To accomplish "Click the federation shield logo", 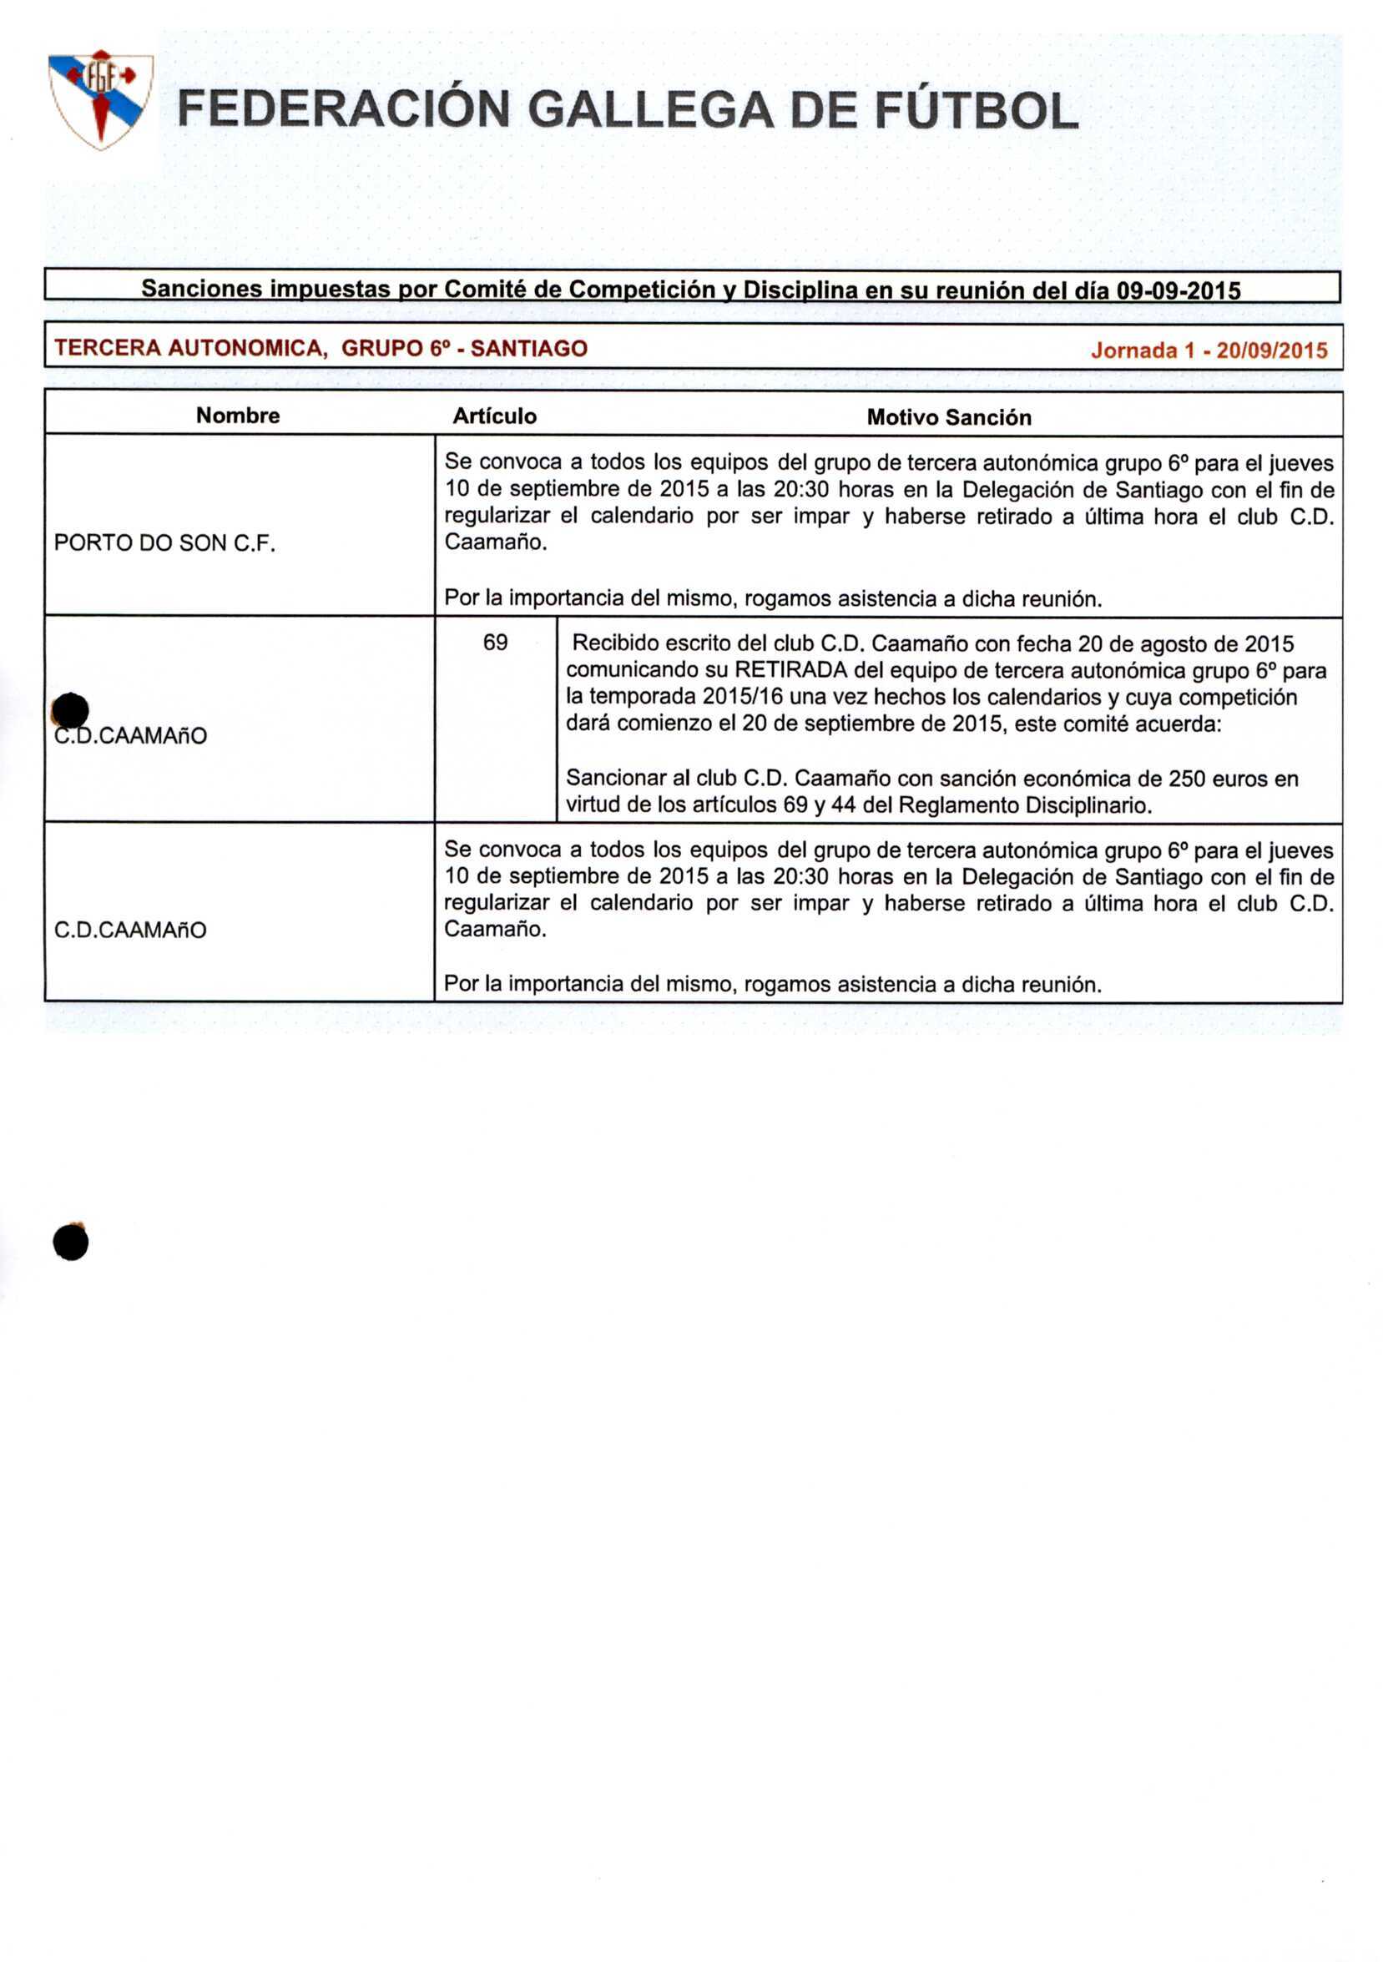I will click(x=101, y=98).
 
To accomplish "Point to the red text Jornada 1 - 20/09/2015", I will click(x=1209, y=351).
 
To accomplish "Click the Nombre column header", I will click(x=238, y=416).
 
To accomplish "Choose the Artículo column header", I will click(x=494, y=416).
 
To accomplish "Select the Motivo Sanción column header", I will click(x=949, y=418).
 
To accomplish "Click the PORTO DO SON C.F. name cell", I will click(x=165, y=543).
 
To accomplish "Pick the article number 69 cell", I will click(x=495, y=643).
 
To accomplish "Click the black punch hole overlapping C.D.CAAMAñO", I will click(x=70, y=711).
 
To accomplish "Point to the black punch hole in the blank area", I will click(x=70, y=1243).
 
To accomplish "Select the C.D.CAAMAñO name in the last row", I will click(x=130, y=931).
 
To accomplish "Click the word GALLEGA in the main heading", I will click(x=650, y=112).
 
